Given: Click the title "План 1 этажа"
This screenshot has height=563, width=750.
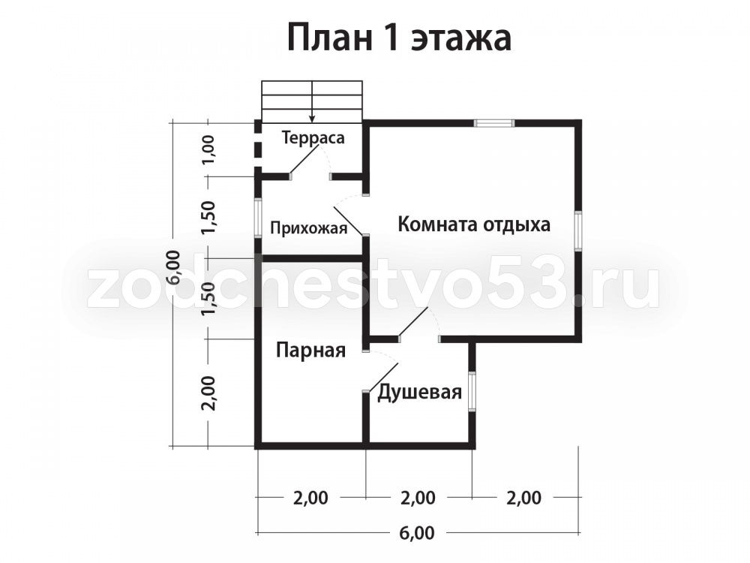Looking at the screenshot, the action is [400, 38].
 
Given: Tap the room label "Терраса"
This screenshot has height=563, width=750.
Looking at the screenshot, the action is [313, 138].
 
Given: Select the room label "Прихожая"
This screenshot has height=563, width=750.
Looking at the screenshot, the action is [308, 228].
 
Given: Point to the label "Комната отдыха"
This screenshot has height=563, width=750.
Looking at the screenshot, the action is [474, 224].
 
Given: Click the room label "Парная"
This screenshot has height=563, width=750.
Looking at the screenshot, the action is [311, 351].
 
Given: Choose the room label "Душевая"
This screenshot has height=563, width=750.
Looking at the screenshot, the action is [419, 392].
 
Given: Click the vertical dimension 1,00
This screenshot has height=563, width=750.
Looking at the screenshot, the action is [209, 149].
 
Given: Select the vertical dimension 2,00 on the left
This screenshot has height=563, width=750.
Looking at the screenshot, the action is [209, 393].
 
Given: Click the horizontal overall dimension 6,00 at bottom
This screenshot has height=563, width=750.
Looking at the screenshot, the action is [417, 532].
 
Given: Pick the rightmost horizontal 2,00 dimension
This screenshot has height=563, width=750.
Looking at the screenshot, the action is [523, 498].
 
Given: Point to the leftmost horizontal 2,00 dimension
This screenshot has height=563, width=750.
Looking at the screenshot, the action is [311, 498].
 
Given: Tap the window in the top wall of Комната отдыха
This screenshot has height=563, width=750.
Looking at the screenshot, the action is [494, 124].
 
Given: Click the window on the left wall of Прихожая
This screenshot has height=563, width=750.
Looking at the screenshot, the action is [258, 218].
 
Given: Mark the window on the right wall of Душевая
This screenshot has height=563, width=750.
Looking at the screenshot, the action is [472, 392].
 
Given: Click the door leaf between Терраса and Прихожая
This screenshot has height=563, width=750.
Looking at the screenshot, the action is [304, 160].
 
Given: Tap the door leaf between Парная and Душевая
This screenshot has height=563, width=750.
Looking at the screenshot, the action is [382, 378].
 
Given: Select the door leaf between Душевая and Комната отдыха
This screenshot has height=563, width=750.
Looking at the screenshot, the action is [413, 323].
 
